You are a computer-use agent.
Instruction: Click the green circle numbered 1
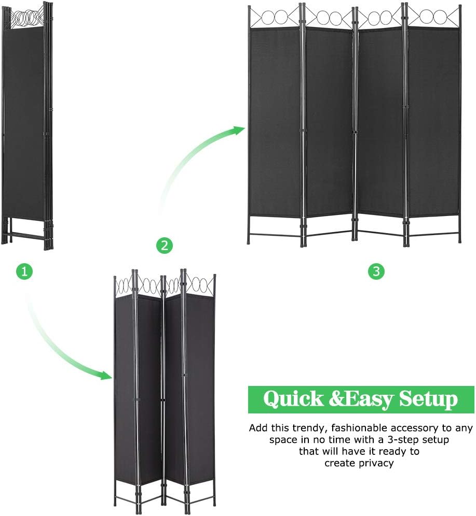(24, 271)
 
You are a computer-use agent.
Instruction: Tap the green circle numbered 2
(165, 245)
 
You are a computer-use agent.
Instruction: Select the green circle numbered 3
(376, 271)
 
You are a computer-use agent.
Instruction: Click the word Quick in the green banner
(293, 399)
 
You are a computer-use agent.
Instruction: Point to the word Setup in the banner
(429, 399)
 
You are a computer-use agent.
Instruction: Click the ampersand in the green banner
(336, 399)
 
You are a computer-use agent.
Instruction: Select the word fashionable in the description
(359, 428)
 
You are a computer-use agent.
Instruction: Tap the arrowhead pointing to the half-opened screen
(106, 375)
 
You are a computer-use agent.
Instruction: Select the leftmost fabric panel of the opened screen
(275, 122)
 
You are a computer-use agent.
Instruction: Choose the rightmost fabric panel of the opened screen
(433, 122)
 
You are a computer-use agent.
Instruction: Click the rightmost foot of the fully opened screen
(459, 241)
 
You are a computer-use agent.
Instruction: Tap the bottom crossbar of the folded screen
(27, 236)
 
